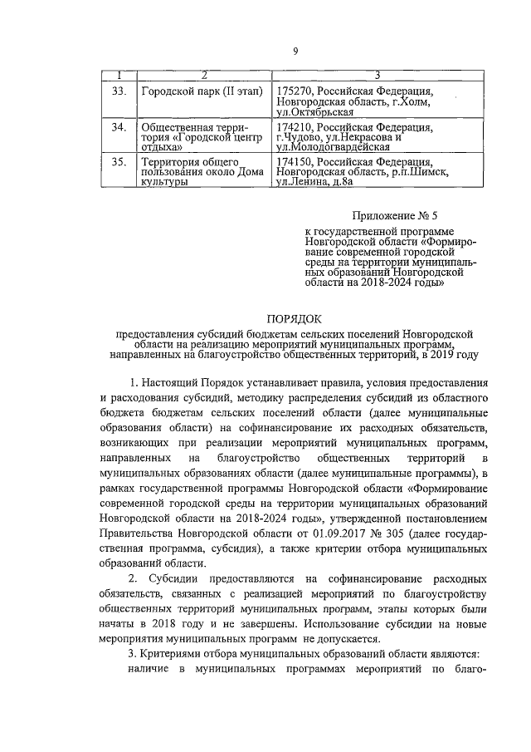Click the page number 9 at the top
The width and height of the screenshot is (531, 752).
click(x=295, y=52)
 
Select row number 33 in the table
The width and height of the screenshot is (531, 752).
click(x=117, y=90)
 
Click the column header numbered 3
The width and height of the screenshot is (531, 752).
click(x=378, y=75)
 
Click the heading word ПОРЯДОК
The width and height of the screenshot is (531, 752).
click(x=295, y=318)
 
